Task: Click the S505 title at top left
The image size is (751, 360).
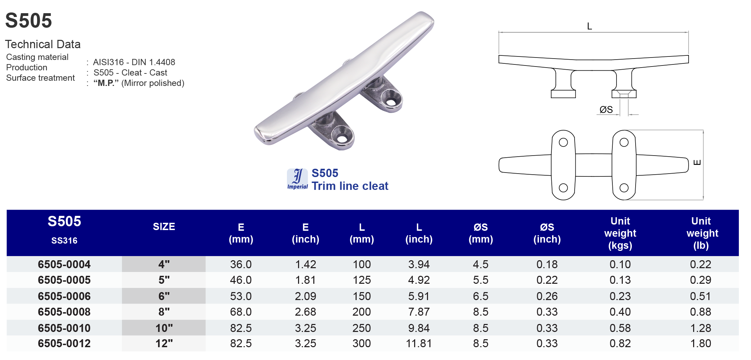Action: click(28, 21)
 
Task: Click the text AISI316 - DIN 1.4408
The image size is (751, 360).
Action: click(134, 62)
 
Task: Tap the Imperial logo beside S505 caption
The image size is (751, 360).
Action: click(297, 179)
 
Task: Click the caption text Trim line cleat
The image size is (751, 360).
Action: click(350, 186)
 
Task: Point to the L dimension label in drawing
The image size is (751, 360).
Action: click(589, 26)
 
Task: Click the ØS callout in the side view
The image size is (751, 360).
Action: click(606, 110)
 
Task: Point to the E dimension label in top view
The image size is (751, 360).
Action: click(697, 163)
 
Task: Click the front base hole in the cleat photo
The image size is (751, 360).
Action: click(342, 139)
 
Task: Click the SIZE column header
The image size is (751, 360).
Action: click(164, 227)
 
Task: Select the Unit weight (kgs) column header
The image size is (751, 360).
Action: click(620, 233)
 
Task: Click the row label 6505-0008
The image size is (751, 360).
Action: click(64, 312)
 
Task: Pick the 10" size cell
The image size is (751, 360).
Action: click(164, 328)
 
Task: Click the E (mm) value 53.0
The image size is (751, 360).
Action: click(241, 296)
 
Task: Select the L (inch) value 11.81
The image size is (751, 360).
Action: click(419, 343)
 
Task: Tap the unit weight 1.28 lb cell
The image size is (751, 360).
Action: click(700, 328)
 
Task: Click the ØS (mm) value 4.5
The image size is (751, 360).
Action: click(480, 264)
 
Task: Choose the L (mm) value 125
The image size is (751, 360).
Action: click(361, 280)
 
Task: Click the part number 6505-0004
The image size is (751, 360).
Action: click(64, 264)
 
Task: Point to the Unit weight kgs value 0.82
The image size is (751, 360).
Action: click(620, 343)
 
